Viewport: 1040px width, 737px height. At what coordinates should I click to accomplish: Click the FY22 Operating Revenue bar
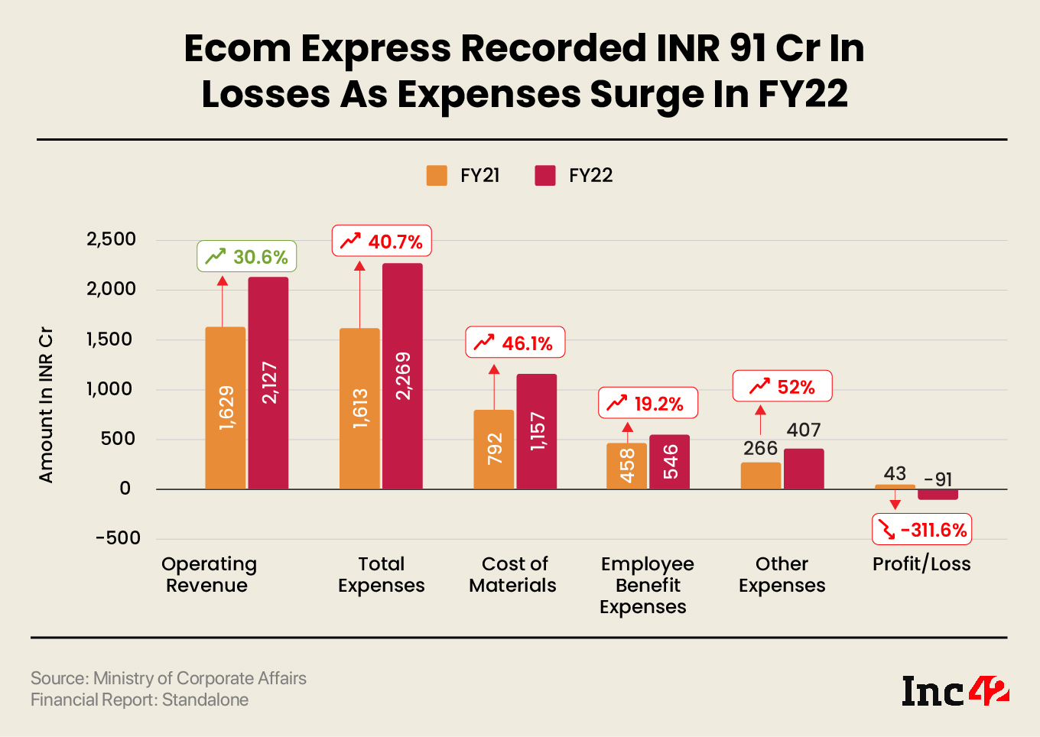(x=268, y=382)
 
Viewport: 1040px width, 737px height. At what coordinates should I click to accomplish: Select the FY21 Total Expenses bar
(x=359, y=408)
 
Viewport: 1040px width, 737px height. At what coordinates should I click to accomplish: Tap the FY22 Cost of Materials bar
(x=537, y=431)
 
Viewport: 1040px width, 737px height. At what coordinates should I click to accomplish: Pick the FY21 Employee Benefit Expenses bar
(x=626, y=466)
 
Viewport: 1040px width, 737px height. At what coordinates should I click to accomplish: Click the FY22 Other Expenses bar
(x=804, y=469)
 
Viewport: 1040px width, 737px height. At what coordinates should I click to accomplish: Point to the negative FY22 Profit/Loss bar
(x=938, y=495)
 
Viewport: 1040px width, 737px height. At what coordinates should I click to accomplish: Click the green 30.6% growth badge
(x=247, y=257)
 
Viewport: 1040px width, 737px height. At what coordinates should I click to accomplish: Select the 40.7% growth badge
(x=382, y=242)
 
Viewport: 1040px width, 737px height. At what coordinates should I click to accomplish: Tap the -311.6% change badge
(x=922, y=530)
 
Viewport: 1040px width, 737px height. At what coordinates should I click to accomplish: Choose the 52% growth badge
(x=782, y=387)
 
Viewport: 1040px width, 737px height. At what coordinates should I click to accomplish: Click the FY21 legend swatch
(x=437, y=176)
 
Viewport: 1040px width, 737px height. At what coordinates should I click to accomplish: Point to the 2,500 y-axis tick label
(x=112, y=239)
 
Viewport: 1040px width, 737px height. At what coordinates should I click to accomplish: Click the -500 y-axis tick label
(x=118, y=538)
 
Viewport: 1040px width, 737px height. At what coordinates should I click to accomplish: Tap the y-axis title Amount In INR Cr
(x=46, y=405)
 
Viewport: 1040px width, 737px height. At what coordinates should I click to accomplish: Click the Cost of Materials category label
(x=513, y=575)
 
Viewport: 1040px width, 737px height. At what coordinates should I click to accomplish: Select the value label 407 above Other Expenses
(x=804, y=430)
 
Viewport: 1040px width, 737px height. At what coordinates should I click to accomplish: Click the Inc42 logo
(x=954, y=691)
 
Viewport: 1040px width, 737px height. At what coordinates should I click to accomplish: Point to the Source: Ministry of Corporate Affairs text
(x=168, y=678)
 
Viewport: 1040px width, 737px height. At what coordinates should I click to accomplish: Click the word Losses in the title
(x=267, y=95)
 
